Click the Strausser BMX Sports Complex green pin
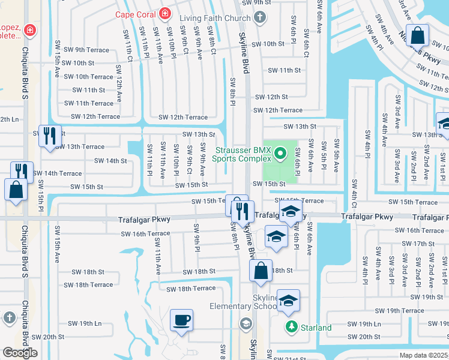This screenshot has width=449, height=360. pyautogui.click(x=279, y=155)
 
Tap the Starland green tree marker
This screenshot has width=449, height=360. pyautogui.click(x=291, y=327)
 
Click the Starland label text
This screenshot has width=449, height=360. pyautogui.click(x=316, y=328)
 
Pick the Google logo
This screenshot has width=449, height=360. pyautogui.click(x=20, y=353)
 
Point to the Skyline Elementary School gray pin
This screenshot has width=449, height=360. pyautogui.click(x=245, y=324)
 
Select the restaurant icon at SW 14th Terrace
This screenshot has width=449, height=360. pyautogui.click(x=22, y=172)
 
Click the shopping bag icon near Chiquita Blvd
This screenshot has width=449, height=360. pyautogui.click(x=16, y=190)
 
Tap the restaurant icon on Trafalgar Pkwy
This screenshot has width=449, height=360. pyautogui.click(x=243, y=211)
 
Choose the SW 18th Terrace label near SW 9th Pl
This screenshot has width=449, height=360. pyautogui.click(x=191, y=289)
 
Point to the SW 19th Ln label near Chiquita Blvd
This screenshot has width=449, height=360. pyautogui.click(x=82, y=323)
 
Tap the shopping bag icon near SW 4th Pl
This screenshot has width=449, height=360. pyautogui.click(x=417, y=35)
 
